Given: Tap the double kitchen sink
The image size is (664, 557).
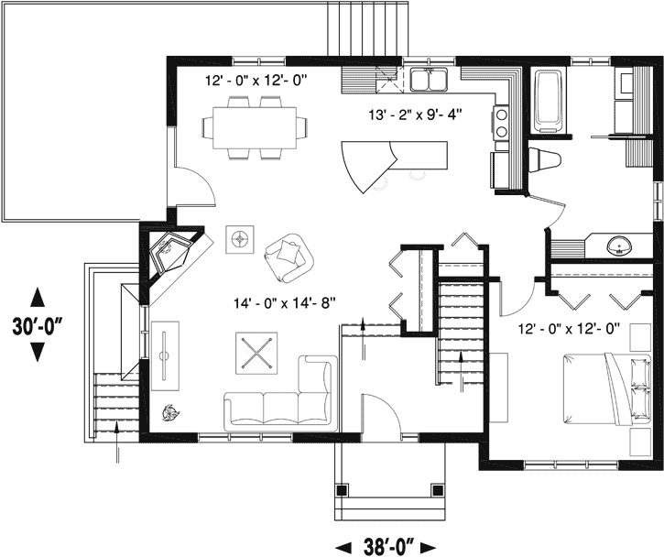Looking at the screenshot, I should pos(428,82).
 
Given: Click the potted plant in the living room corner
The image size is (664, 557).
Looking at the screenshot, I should pos(169,411).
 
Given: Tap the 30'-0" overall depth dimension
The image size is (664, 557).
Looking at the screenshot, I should pos(37,325).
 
